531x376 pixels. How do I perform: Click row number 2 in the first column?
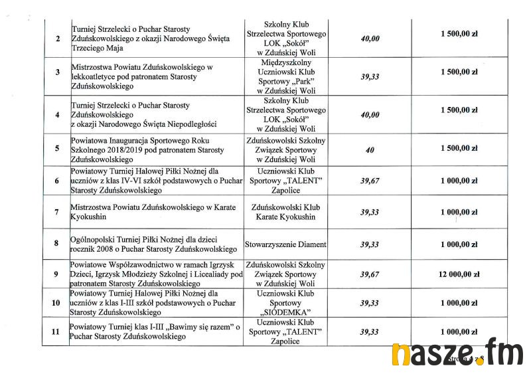click(57, 39)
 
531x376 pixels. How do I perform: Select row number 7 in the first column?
click(57, 213)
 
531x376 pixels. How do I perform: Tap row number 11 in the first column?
click(56, 331)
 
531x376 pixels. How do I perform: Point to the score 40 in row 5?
click(370, 149)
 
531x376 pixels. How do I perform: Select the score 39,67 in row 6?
click(370, 180)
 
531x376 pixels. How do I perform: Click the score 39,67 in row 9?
click(370, 274)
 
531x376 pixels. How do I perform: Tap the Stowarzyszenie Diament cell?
click(285, 244)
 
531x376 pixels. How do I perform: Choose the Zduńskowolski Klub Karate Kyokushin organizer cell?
click(285, 212)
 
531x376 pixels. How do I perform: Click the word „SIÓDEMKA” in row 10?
click(285, 311)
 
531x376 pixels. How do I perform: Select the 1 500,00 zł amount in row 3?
click(459, 72)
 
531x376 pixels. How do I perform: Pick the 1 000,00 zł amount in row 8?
click(459, 244)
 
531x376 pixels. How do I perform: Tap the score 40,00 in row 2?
click(370, 39)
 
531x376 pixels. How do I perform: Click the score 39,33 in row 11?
click(370, 331)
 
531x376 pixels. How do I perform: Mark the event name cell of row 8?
click(153, 244)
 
